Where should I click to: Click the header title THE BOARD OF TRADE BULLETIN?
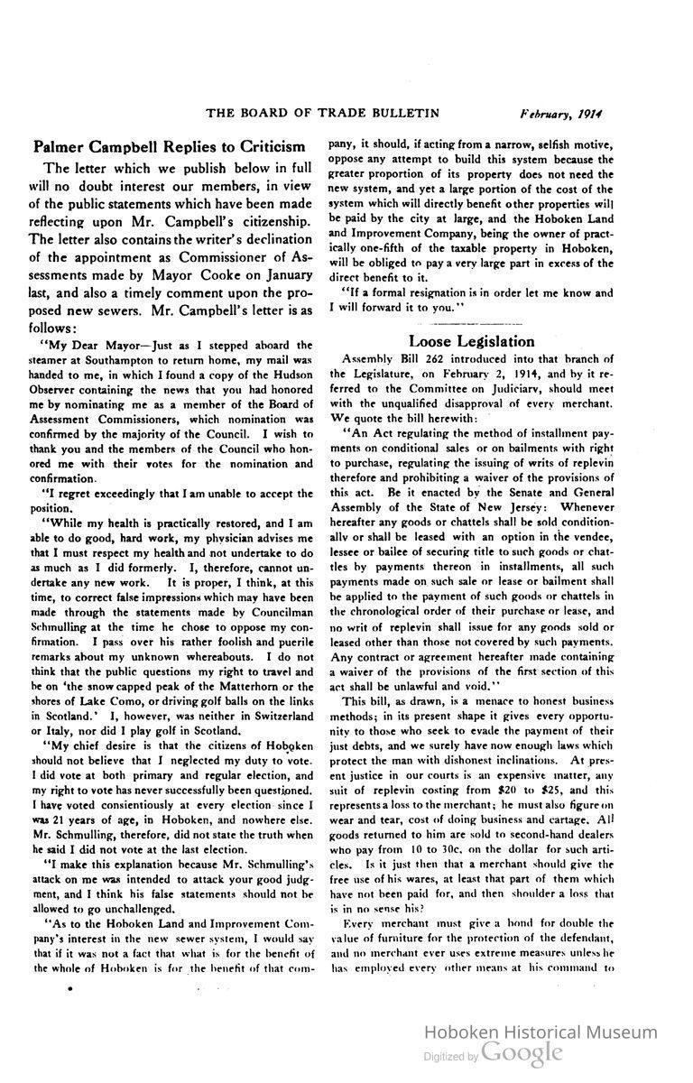click(322, 113)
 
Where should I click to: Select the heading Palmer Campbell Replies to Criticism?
click(169, 146)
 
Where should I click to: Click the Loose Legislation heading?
click(472, 341)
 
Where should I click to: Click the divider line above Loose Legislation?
click(471, 322)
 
